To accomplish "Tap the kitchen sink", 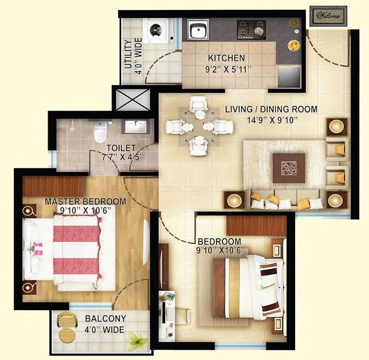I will [198, 30].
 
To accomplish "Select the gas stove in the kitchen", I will [251, 30].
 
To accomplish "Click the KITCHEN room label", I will [226, 59].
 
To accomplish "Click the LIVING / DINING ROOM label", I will [271, 109].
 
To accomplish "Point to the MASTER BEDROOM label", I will [85, 201].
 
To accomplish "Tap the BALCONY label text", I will [105, 318].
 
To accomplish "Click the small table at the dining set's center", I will [199, 126].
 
